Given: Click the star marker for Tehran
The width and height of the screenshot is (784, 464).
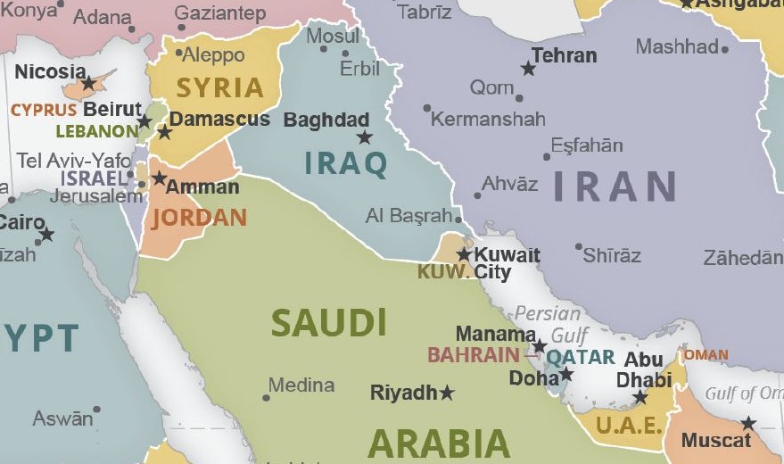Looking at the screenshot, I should [x=528, y=68].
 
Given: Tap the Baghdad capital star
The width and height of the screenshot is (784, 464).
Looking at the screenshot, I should [x=364, y=137].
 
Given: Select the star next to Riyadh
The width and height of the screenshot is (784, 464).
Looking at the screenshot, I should [x=447, y=393].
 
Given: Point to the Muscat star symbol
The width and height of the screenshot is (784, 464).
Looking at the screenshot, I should [x=747, y=423].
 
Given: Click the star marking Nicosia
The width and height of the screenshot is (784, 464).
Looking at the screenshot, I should [x=88, y=84].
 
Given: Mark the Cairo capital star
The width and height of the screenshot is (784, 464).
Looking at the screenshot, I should [x=46, y=235].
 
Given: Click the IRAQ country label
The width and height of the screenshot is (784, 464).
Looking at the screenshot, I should [x=346, y=164].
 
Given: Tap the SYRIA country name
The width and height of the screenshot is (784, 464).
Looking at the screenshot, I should [x=219, y=88].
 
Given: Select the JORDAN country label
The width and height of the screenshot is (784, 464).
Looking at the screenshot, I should [x=199, y=218].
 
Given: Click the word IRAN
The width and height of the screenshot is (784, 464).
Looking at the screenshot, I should [x=615, y=186].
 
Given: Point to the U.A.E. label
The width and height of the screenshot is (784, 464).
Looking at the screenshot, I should [x=629, y=425].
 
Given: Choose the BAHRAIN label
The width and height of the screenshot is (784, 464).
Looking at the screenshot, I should [x=473, y=355].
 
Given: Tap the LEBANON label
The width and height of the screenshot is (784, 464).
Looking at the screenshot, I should [x=96, y=131].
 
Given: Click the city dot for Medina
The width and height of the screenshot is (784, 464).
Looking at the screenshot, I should [x=266, y=397].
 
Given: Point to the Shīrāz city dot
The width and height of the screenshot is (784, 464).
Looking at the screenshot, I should [x=579, y=246].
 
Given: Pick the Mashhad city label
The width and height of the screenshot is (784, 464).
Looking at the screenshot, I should [x=677, y=46].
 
